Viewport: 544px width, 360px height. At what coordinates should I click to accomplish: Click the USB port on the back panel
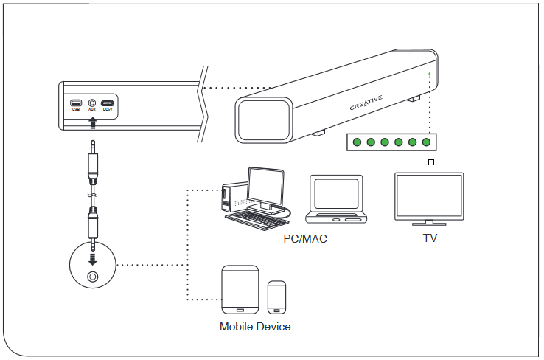point(76,103)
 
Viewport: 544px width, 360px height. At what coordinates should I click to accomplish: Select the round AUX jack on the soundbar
point(92,103)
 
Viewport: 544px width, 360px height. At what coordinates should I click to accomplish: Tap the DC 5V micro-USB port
point(108,103)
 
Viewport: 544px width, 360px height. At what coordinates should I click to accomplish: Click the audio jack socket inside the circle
point(92,277)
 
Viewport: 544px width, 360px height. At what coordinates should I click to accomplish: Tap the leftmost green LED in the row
point(358,142)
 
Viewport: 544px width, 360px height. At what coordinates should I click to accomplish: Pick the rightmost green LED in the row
point(426,142)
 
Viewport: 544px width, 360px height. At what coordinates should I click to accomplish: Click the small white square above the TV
point(431,162)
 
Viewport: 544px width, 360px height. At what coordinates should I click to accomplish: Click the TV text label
point(429,238)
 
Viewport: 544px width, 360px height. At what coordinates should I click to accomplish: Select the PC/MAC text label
point(305,239)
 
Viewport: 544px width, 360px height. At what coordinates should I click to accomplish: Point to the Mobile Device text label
point(255,326)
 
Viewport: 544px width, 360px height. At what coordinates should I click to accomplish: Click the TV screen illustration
point(428,195)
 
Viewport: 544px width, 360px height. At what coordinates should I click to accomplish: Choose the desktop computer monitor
point(265,186)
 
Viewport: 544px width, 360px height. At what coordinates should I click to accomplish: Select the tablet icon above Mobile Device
point(240,290)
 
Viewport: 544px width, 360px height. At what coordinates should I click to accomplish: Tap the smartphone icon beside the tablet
point(277,297)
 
